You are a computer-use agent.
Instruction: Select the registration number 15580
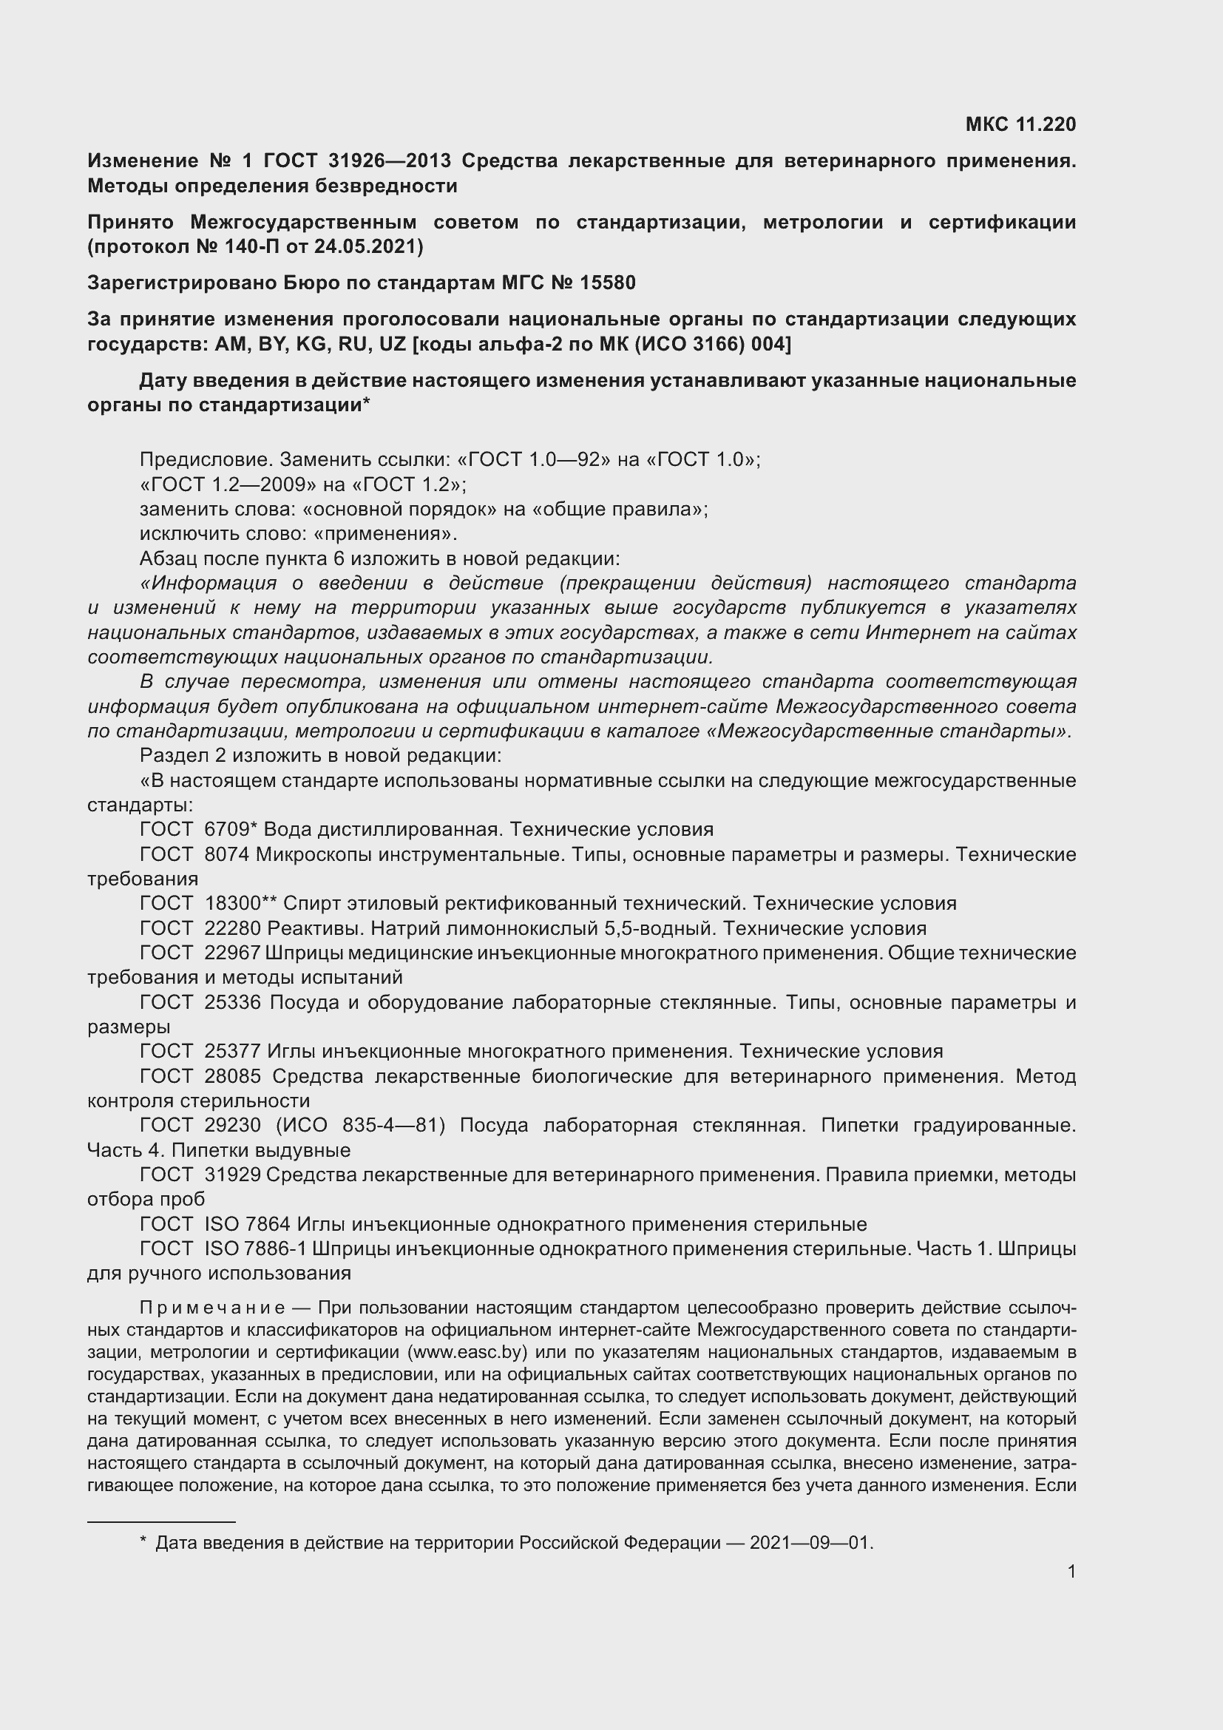point(609,283)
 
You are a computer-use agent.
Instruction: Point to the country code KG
point(311,345)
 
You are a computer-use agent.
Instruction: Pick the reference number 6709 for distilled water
point(227,830)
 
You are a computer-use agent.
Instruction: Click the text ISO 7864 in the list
point(247,1224)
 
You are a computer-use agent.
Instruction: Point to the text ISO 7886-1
point(255,1249)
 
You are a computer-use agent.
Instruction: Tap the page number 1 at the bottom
point(1071,1572)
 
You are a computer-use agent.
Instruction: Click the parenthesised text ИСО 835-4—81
point(361,1126)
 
